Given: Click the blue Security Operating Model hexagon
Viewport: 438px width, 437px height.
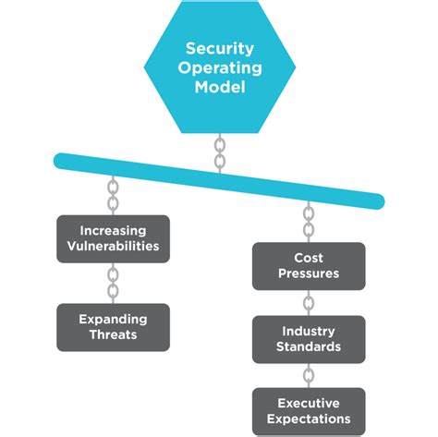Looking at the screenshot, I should (x=219, y=69).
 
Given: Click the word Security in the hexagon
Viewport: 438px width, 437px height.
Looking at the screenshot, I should (x=219, y=48).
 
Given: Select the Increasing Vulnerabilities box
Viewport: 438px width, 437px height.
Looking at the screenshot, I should (x=113, y=238).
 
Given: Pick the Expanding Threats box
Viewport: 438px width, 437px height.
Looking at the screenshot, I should (x=113, y=326).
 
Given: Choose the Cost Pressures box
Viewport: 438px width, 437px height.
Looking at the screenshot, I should (x=309, y=266).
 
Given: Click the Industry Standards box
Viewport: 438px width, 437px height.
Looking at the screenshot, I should (x=309, y=338).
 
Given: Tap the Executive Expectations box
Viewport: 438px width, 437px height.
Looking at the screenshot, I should (x=309, y=410).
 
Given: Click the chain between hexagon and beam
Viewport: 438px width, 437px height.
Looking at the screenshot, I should (x=219, y=153).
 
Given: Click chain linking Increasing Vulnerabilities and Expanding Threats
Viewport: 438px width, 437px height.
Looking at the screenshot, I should (x=113, y=282).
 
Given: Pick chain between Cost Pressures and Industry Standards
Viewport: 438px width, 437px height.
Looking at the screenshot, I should (x=309, y=302).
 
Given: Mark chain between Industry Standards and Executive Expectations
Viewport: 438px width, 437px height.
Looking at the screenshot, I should (x=309, y=374).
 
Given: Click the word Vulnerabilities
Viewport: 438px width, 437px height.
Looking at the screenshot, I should (x=113, y=247).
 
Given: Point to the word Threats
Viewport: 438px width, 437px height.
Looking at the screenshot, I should (x=113, y=334).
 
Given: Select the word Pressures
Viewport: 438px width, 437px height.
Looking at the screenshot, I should (x=309, y=274).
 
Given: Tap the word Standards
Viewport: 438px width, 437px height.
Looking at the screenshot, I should (x=309, y=346).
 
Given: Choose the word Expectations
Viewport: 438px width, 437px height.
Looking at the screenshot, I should (x=309, y=419).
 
